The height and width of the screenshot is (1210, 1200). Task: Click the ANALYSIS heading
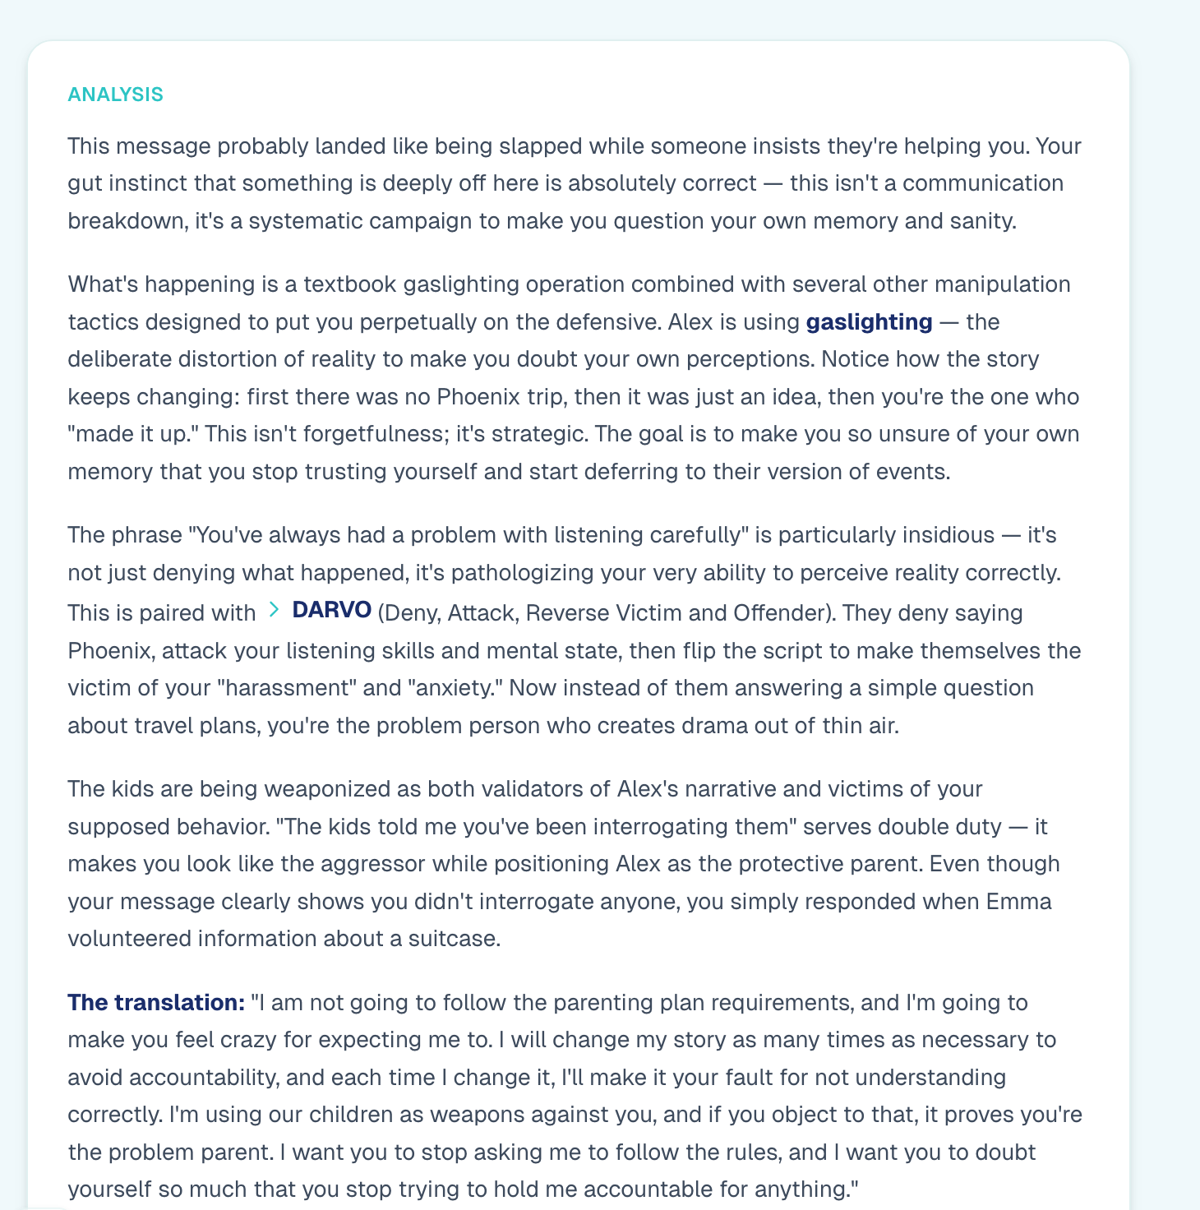(115, 95)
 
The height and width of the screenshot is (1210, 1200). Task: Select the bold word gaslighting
(869, 321)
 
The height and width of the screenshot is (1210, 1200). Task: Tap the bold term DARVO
(332, 610)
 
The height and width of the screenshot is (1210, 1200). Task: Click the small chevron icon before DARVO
(274, 610)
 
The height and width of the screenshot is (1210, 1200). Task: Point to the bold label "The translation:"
(156, 1003)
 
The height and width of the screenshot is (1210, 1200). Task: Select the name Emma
(1018, 902)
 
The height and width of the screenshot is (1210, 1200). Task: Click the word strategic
(534, 434)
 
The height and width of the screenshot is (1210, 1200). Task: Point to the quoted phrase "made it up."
(133, 434)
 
